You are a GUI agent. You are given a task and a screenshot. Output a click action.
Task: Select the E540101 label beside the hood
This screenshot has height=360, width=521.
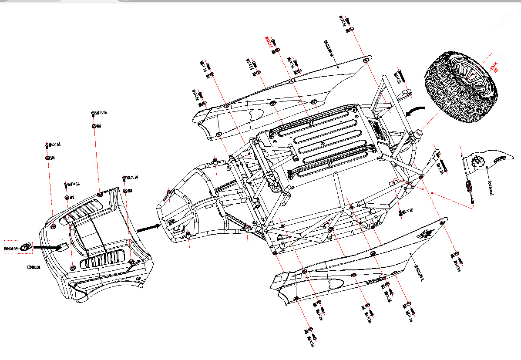coord(34,268)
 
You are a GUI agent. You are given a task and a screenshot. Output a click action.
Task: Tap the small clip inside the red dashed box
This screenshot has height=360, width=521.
coord(26,247)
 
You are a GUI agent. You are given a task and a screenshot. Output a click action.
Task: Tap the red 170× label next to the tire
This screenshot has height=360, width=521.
coord(495,67)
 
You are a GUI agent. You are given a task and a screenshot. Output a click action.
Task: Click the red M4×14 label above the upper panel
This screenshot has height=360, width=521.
coord(269,42)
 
